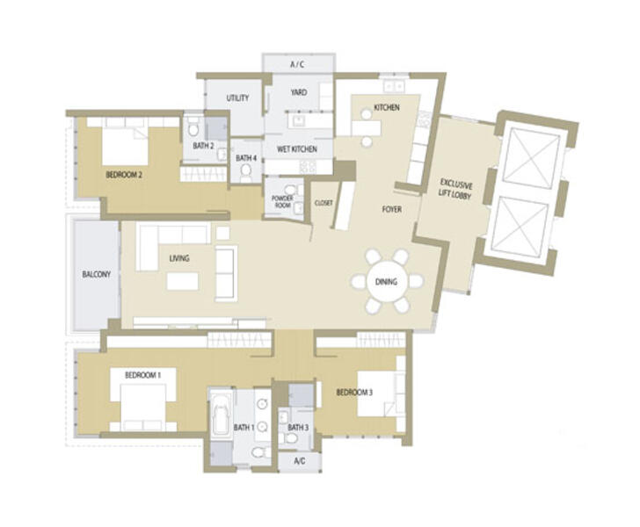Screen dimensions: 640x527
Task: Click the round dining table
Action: click(x=387, y=281)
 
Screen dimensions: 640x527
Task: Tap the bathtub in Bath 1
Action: click(x=221, y=412)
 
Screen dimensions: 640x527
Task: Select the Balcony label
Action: click(x=97, y=274)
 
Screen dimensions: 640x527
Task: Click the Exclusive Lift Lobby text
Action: click(x=455, y=188)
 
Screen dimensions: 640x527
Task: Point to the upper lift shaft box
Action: click(x=531, y=155)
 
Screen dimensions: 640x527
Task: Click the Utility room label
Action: click(x=237, y=97)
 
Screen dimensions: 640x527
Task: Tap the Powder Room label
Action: click(x=282, y=201)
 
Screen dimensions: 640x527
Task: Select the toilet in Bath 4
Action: click(x=246, y=172)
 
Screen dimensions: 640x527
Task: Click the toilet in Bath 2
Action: click(x=193, y=128)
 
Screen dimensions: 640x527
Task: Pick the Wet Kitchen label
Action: click(x=297, y=149)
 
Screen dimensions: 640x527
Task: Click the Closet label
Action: click(x=324, y=203)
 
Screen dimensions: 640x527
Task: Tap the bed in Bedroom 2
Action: click(x=125, y=143)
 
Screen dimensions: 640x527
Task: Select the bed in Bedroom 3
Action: click(x=377, y=393)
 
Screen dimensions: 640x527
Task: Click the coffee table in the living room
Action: click(x=183, y=281)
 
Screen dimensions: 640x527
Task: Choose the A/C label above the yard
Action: click(x=297, y=64)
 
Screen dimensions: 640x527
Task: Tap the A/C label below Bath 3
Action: click(x=299, y=461)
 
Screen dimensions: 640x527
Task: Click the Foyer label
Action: click(x=392, y=209)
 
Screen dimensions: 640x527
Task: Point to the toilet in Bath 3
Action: click(x=291, y=439)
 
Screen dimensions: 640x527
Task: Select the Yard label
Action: click(x=299, y=92)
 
